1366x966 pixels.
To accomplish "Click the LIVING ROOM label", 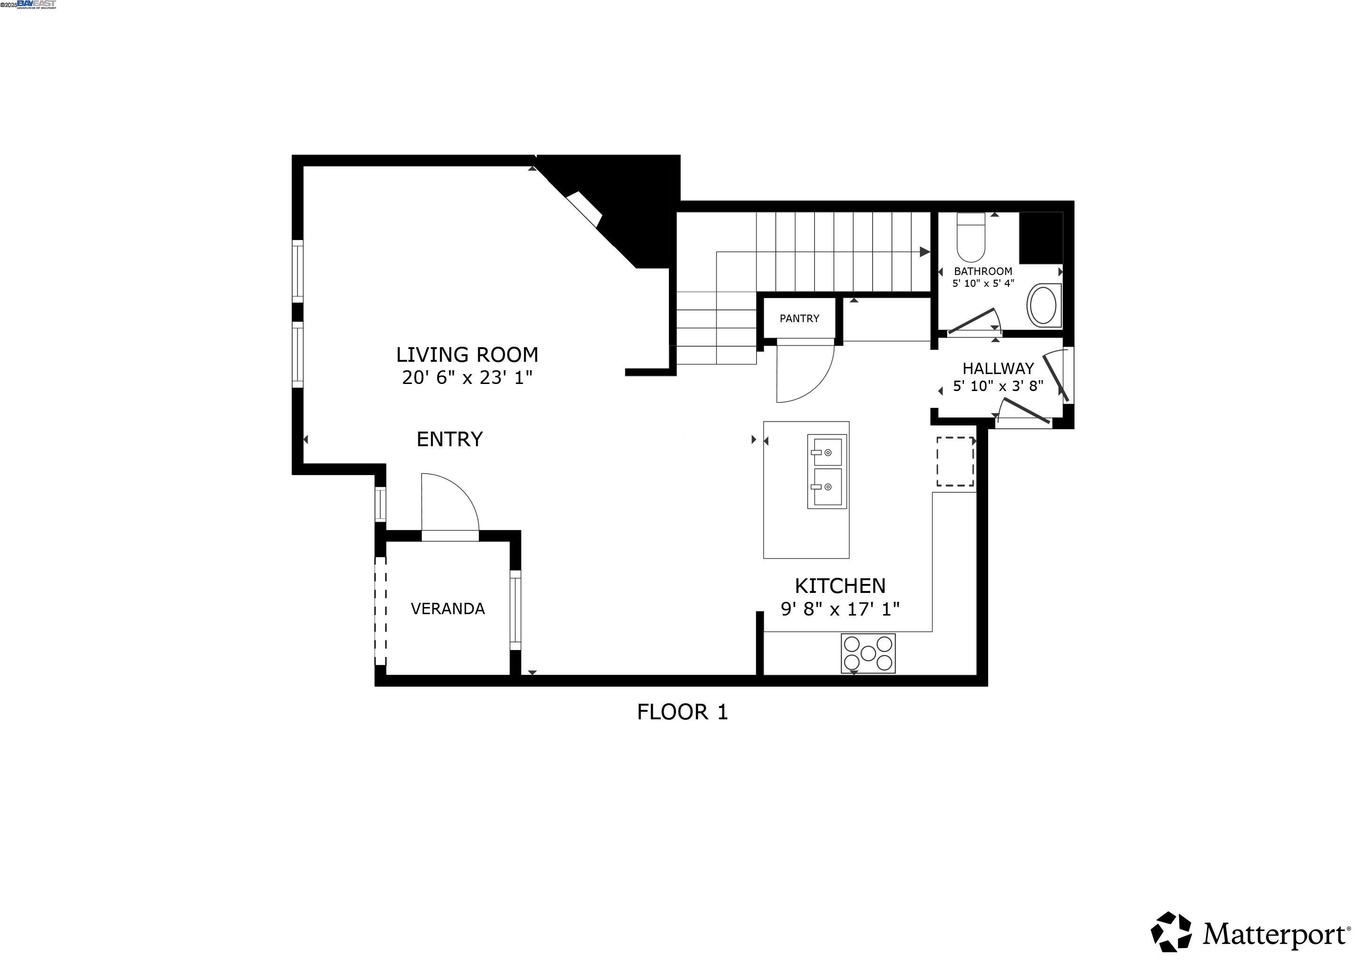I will [467, 355].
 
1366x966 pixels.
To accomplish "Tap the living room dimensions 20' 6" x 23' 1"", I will [467, 378].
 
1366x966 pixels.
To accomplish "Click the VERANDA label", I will [448, 608].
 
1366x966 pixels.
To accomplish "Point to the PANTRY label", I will [799, 319].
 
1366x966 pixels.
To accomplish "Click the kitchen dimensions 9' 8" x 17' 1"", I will [840, 609].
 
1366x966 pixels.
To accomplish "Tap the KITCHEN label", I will [840, 586].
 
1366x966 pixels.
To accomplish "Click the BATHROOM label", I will [983, 271].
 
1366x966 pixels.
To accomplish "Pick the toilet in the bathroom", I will [970, 238].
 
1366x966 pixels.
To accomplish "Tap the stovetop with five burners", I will [867, 654].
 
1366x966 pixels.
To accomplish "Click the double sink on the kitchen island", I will [826, 472].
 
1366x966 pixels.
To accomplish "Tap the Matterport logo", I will [1249, 934].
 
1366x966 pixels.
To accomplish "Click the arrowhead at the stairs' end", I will [924, 252].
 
